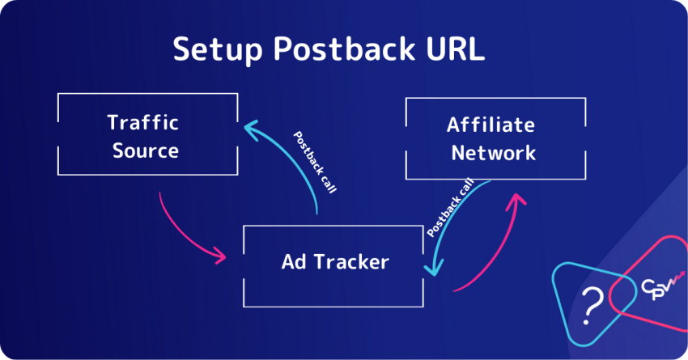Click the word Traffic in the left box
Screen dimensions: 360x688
(143, 123)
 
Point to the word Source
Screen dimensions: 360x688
(146, 150)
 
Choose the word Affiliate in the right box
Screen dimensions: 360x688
(491, 125)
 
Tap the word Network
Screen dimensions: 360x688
(493, 153)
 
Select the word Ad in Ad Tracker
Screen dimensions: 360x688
(293, 262)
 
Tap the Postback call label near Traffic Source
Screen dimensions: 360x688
(314, 161)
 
